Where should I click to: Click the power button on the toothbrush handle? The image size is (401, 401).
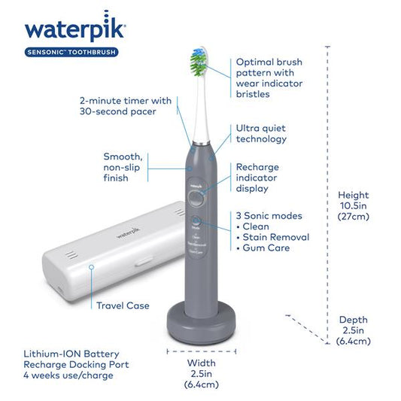click(196, 198)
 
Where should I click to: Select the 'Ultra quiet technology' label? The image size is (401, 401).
click(262, 134)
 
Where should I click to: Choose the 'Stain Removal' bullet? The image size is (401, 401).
click(272, 237)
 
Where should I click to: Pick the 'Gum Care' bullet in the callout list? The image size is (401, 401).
click(264, 248)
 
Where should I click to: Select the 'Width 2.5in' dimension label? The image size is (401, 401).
click(201, 374)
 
